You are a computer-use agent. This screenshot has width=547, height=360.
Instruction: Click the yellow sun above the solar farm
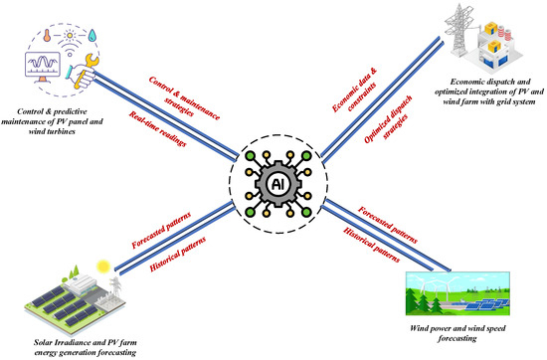coord(101,266)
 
